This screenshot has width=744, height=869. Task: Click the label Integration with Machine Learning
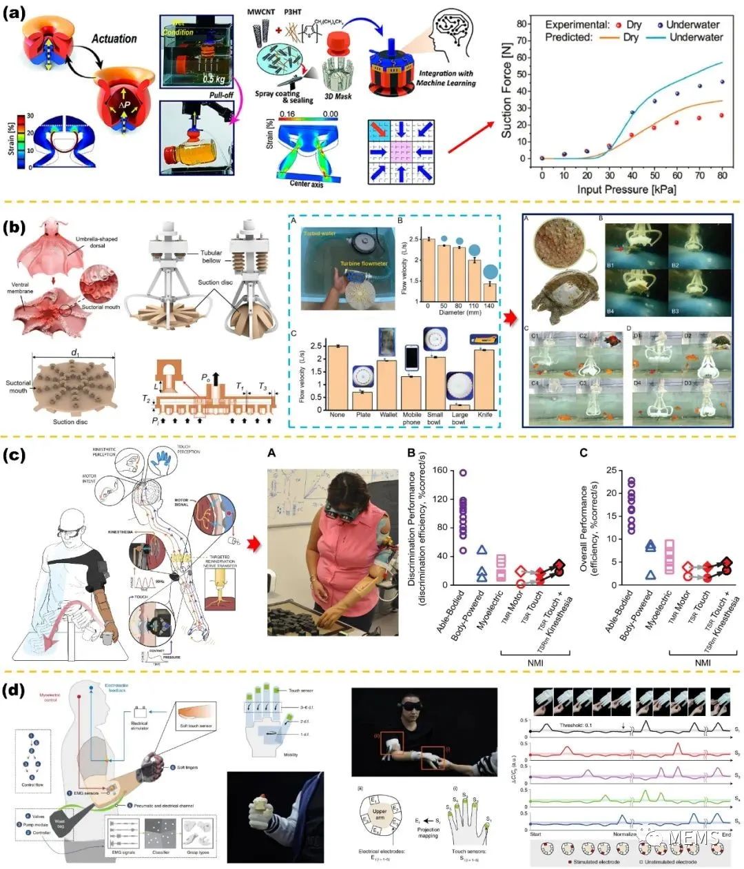point(446,78)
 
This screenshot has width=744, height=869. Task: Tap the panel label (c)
point(17,455)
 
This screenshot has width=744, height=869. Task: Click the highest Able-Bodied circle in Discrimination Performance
point(463,473)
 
